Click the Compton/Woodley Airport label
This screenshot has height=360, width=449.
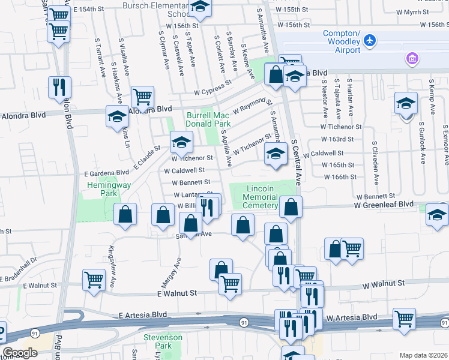[x=343, y=37]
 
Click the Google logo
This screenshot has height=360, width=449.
[x=20, y=353]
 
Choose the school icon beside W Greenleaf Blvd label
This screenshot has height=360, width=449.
[x=436, y=214]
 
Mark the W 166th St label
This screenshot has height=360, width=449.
[x=340, y=176]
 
